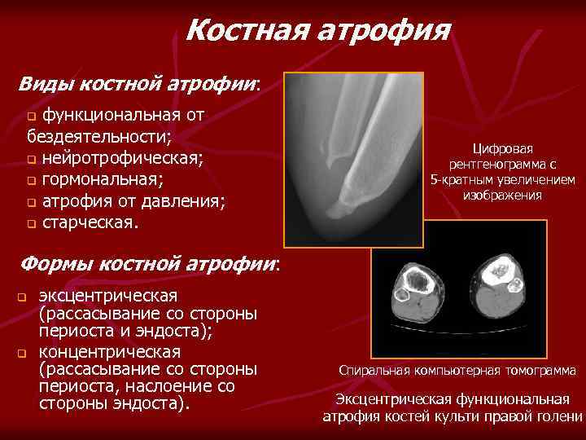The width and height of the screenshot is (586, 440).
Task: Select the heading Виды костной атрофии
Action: [139, 83]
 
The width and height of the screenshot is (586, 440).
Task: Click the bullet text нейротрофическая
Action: [122, 157]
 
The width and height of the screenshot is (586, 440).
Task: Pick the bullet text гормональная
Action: [103, 178]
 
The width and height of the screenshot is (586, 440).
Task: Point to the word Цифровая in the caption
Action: [503, 148]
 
